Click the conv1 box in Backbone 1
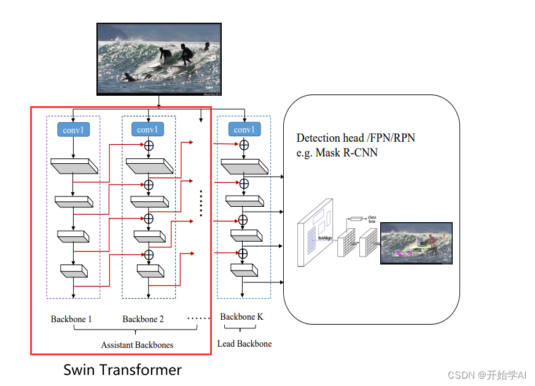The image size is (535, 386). click(x=74, y=129)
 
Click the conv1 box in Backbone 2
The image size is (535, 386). click(x=147, y=129)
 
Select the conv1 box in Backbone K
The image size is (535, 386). click(x=244, y=129)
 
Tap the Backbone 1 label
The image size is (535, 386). click(x=71, y=319)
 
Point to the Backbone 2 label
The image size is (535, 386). click(x=143, y=319)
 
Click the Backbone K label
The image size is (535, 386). click(x=241, y=317)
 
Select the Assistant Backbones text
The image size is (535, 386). click(x=137, y=345)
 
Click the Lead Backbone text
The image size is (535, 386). click(x=244, y=344)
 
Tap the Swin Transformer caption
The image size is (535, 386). click(x=123, y=370)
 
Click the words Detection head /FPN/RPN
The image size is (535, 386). click(x=356, y=138)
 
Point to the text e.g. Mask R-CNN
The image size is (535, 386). click(x=337, y=152)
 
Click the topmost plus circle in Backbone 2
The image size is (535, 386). click(x=148, y=145)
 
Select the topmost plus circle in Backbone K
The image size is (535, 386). click(x=244, y=145)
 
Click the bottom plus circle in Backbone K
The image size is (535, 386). click(x=244, y=253)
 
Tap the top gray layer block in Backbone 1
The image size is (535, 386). click(x=74, y=166)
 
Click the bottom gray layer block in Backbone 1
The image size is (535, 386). click(x=74, y=270)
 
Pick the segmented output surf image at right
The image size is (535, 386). click(x=416, y=243)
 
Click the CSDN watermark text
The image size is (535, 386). click(x=486, y=375)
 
